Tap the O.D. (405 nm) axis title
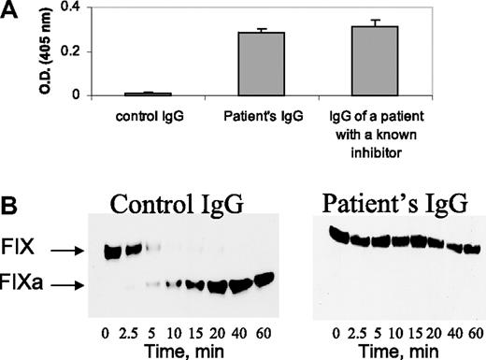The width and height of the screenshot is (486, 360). [41, 50]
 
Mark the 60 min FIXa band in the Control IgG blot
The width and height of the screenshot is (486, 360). [265, 280]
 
